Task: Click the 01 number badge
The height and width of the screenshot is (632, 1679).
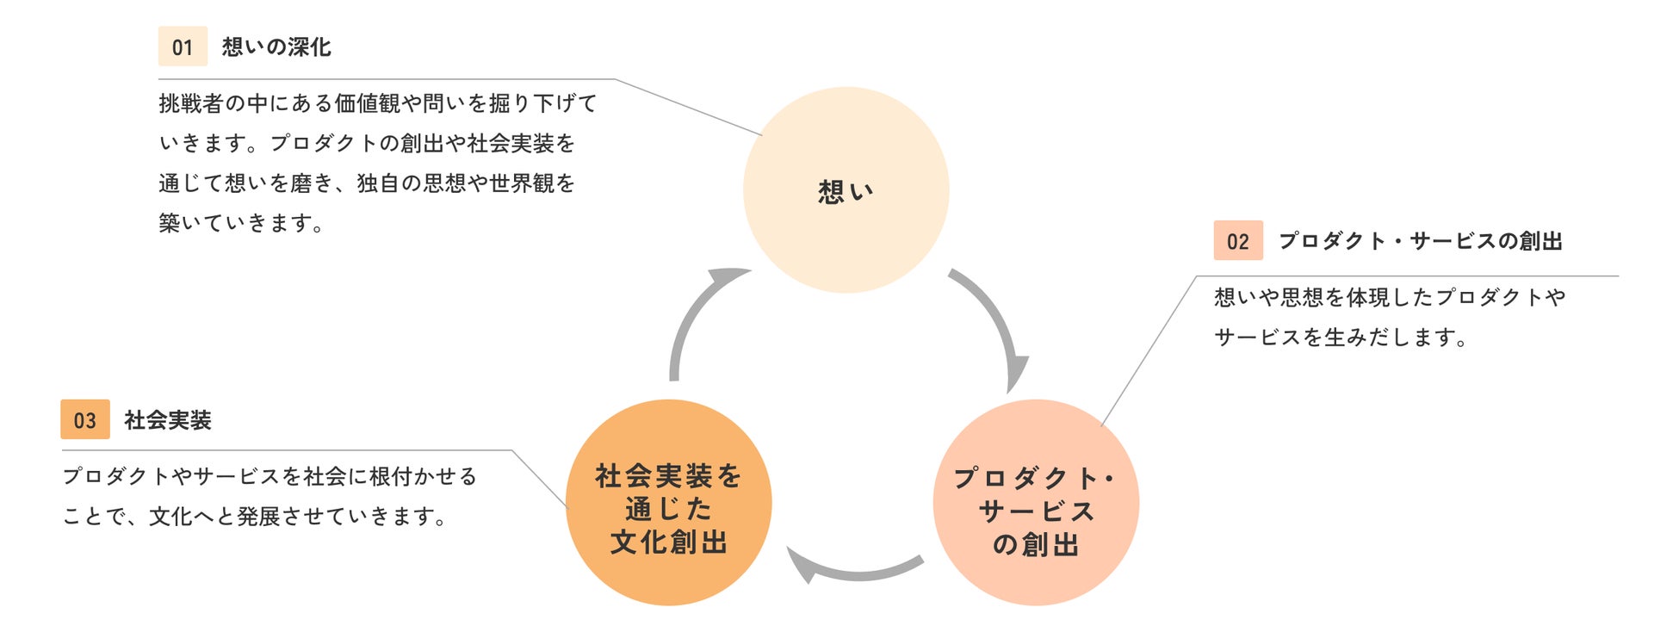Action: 183,46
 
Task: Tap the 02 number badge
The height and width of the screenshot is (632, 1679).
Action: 1238,241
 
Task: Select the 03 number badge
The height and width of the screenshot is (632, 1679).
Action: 85,420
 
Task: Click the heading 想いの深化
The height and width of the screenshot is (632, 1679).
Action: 276,46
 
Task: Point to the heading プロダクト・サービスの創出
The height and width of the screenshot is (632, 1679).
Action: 1420,241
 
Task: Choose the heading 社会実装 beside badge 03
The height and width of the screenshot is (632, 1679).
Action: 168,420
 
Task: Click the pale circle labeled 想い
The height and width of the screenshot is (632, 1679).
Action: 846,190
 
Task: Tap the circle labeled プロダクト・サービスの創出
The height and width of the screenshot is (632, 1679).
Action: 1036,503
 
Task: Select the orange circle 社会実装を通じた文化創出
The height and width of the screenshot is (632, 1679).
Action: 668,503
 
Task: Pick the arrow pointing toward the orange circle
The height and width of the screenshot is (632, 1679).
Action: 852,568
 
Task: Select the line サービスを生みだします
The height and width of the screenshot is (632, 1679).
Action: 1340,338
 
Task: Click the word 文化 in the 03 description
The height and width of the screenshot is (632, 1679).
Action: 170,517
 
